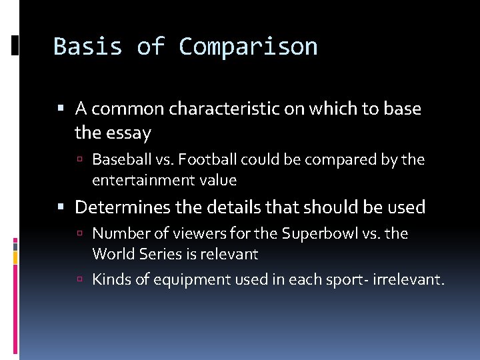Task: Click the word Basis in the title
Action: click(87, 47)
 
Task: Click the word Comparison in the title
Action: click(248, 47)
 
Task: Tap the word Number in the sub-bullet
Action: click(115, 234)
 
